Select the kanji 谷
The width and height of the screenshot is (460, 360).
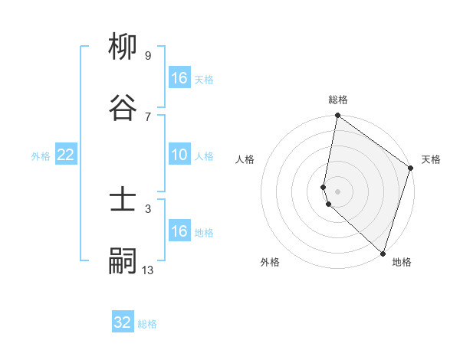click(123, 108)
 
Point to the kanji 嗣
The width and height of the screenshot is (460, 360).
click(123, 261)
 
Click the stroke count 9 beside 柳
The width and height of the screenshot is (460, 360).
click(147, 56)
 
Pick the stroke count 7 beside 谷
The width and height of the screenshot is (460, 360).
click(147, 116)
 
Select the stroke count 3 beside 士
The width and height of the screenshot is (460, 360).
click(147, 208)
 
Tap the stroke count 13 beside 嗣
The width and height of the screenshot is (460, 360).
click(147, 269)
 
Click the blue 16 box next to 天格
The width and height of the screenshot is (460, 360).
click(179, 78)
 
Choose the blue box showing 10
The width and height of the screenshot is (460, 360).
click(179, 155)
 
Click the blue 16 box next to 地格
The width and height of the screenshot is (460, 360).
click(179, 231)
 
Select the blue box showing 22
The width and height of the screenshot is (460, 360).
click(66, 155)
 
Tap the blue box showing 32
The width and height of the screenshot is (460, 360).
click(123, 322)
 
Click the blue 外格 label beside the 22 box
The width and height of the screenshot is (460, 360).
click(41, 156)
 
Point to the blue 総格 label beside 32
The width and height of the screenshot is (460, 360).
click(147, 324)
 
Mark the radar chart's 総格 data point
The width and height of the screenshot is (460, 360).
click(337, 116)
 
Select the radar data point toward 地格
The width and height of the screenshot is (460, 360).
click(383, 253)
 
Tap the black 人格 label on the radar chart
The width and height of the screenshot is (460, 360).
click(245, 160)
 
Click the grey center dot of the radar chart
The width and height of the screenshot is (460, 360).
click(337, 191)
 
